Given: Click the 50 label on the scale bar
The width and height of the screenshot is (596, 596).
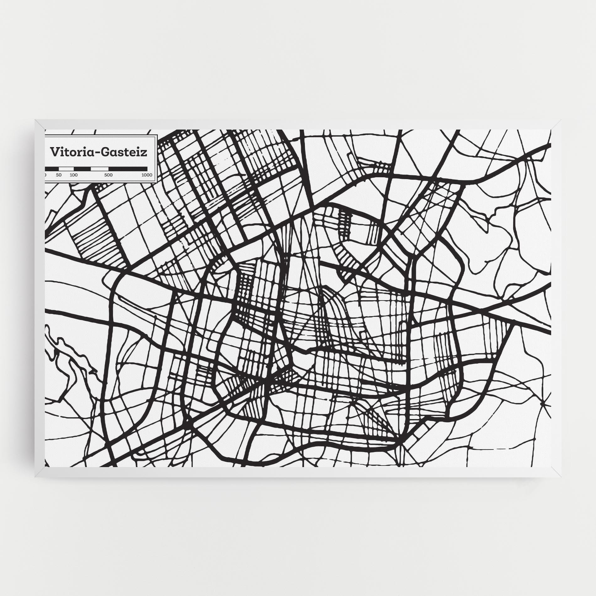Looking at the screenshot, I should [59, 175].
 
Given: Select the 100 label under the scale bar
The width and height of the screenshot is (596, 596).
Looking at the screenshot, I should [73, 175].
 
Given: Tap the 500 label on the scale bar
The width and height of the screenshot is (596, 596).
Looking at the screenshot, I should [108, 175].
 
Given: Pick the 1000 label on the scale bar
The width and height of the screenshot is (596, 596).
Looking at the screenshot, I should [146, 175].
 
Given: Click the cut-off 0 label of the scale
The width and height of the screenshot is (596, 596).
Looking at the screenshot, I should [45, 175].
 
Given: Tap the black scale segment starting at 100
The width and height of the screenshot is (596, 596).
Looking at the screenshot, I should [82, 168].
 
